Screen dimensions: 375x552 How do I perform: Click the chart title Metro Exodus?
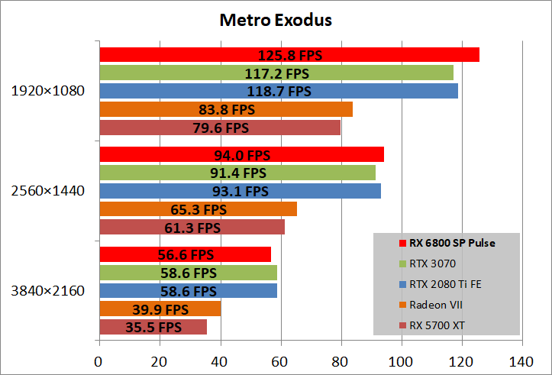coord(276,19)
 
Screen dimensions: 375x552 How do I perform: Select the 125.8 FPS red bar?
coord(289,54)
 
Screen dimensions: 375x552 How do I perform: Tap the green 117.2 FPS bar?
coord(276,73)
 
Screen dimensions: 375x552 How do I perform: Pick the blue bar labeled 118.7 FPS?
coord(278,91)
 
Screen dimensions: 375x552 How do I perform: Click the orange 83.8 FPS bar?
coord(225,109)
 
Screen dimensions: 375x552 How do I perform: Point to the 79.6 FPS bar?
coord(219,128)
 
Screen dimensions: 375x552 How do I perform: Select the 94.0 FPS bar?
coord(241,155)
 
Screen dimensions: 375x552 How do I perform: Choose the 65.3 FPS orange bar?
coord(198,209)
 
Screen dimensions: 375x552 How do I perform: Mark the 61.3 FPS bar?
coord(192,227)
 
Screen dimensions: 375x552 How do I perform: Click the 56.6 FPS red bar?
coord(185,254)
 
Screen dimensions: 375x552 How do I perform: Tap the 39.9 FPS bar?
coord(160,309)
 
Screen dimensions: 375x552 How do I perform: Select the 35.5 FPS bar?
coord(153,327)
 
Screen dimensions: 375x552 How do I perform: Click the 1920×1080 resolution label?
coord(48,91)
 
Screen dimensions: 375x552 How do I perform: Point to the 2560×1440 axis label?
coord(48,191)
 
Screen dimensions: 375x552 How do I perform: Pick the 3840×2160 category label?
coord(48,291)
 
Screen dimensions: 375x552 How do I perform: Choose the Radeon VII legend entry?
coord(436,305)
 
